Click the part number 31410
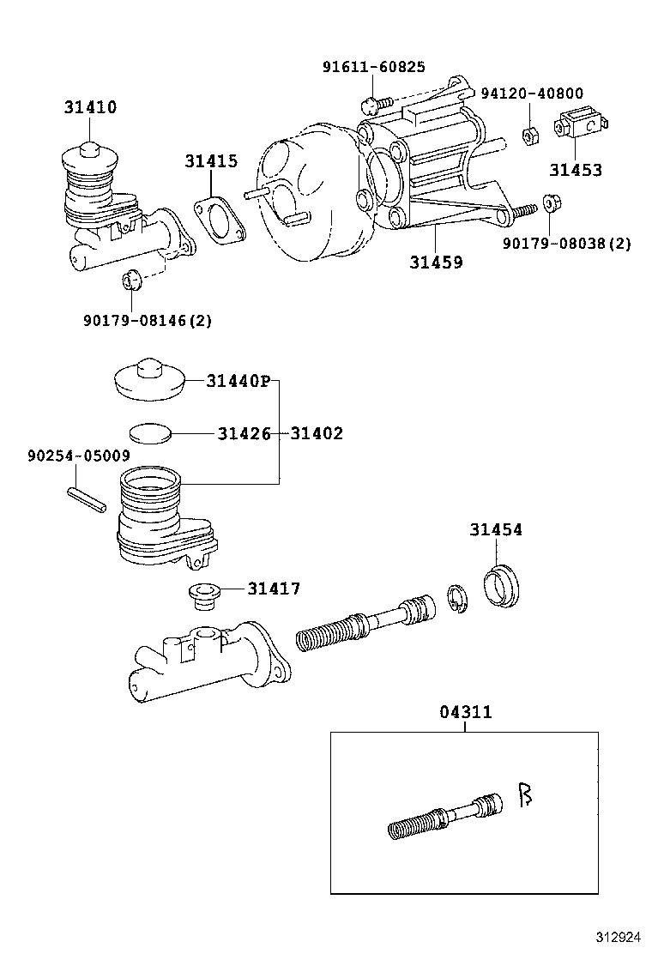tap(89, 108)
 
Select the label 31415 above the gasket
tap(210, 161)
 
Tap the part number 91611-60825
tap(373, 68)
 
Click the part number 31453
tap(576, 171)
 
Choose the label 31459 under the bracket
tap(435, 263)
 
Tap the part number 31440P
tap(238, 381)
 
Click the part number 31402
tap(316, 434)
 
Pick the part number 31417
tap(274, 589)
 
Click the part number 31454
tap(495, 530)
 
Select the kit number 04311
tap(466, 712)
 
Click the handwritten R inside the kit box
tap(525, 795)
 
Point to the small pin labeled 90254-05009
tap(86, 500)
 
